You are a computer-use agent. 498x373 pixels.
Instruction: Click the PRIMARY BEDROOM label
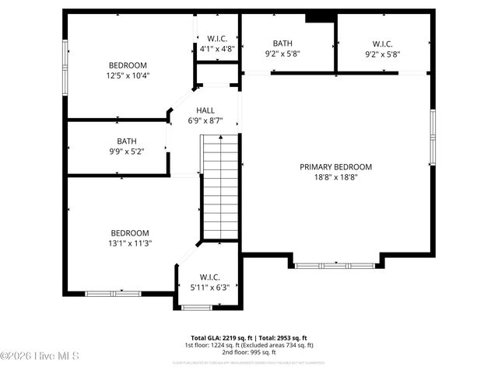click(x=335, y=166)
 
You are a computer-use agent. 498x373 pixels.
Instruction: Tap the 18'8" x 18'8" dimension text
click(x=335, y=176)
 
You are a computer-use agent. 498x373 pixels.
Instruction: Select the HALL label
click(x=205, y=110)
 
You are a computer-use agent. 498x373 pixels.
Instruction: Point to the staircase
click(x=221, y=186)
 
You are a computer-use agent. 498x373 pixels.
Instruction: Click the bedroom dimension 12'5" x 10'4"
click(x=128, y=75)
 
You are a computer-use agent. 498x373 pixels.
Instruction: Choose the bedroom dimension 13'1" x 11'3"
click(x=130, y=243)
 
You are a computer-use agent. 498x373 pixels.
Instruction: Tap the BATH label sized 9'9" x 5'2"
click(x=127, y=141)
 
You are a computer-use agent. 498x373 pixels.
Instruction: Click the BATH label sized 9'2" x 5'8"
click(x=282, y=44)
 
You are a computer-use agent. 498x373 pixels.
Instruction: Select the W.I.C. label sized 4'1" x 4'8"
click(x=216, y=38)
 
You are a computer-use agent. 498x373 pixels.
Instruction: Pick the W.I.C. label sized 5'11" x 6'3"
click(x=209, y=277)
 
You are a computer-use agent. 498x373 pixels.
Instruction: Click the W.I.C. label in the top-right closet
click(x=382, y=44)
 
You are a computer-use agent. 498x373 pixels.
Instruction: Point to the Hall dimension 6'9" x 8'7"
click(x=205, y=120)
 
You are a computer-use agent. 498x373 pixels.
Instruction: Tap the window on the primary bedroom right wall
click(x=432, y=137)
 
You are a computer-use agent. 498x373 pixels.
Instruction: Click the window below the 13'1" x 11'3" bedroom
click(x=113, y=293)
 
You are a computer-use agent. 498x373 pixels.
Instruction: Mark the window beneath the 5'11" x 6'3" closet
click(x=196, y=308)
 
